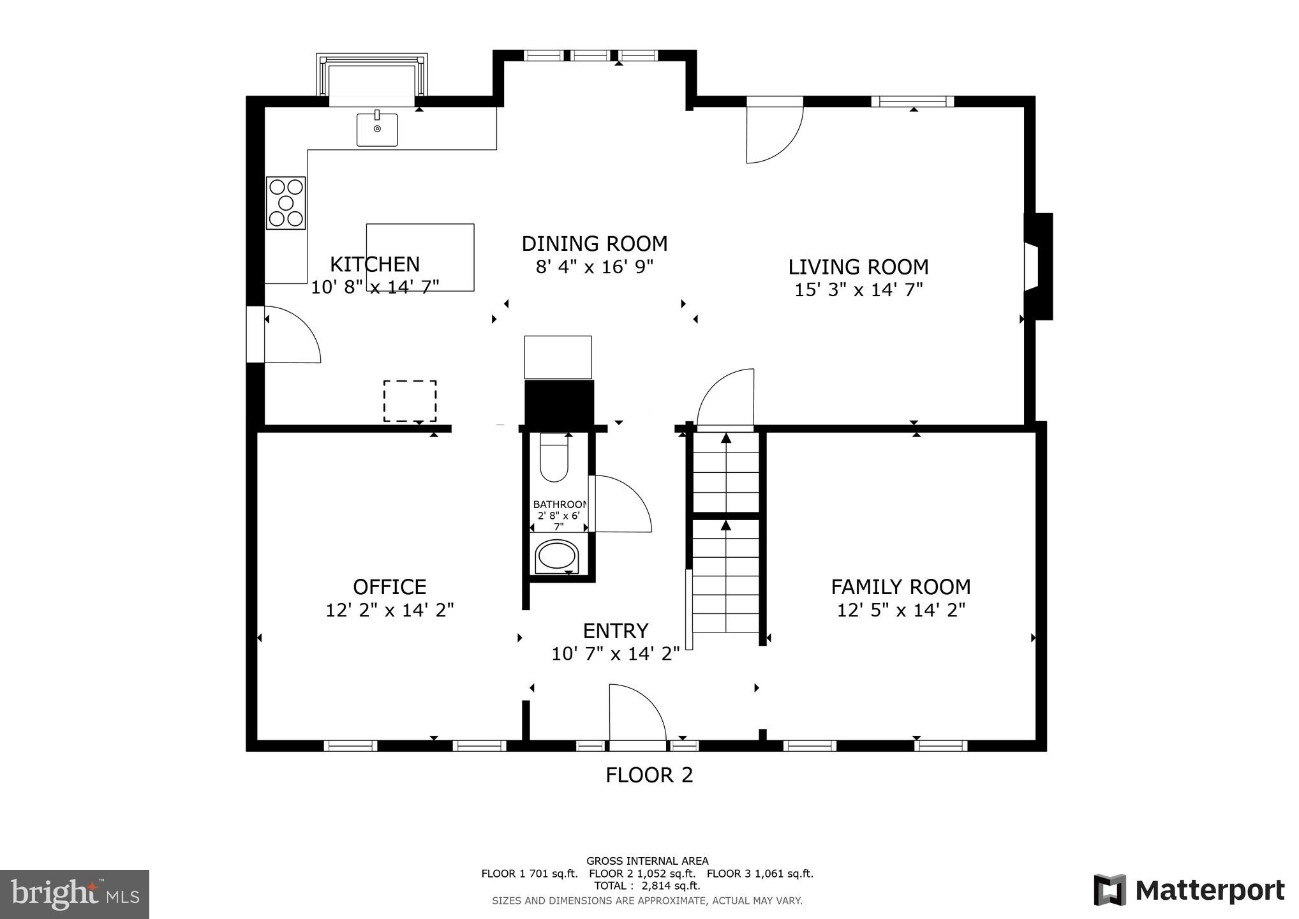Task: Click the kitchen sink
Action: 376,130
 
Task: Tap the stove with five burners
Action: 286,203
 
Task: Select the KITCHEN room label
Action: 375,264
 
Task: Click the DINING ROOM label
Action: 594,244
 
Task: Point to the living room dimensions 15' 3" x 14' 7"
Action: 858,290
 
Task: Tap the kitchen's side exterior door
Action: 290,335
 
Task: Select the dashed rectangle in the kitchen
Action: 410,401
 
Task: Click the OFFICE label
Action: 389,587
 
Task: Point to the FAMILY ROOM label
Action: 900,587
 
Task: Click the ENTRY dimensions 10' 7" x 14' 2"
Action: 615,654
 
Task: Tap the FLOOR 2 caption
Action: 649,775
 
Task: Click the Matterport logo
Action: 1189,890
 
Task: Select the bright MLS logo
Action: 75,893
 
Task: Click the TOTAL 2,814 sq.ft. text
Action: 647,886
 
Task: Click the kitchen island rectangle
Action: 420,257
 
